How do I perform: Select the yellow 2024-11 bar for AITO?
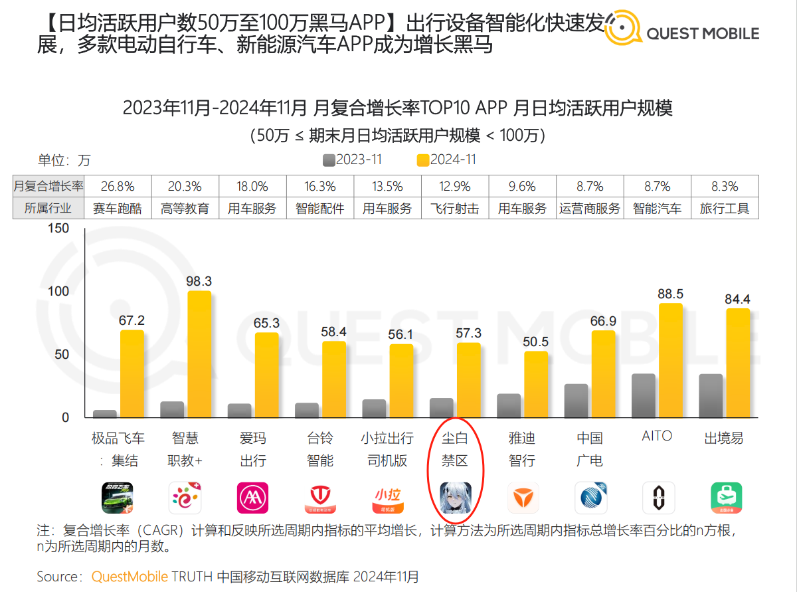tap(671, 361)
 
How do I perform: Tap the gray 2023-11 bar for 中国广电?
tap(576, 401)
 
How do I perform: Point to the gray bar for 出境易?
tap(711, 396)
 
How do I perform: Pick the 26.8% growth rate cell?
tap(118, 187)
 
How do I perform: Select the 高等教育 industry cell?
tap(185, 209)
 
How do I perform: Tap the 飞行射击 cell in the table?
tap(454, 209)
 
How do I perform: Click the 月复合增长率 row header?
tap(48, 187)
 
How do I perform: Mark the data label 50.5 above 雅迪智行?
tap(536, 342)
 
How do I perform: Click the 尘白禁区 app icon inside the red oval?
tap(456, 498)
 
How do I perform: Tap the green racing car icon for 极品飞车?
tap(118, 498)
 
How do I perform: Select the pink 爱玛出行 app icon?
tap(252, 498)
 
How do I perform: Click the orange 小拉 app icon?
tap(387, 498)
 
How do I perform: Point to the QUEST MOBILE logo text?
tap(702, 33)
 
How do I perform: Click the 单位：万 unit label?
tap(64, 161)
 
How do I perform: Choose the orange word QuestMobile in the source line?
tap(130, 576)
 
